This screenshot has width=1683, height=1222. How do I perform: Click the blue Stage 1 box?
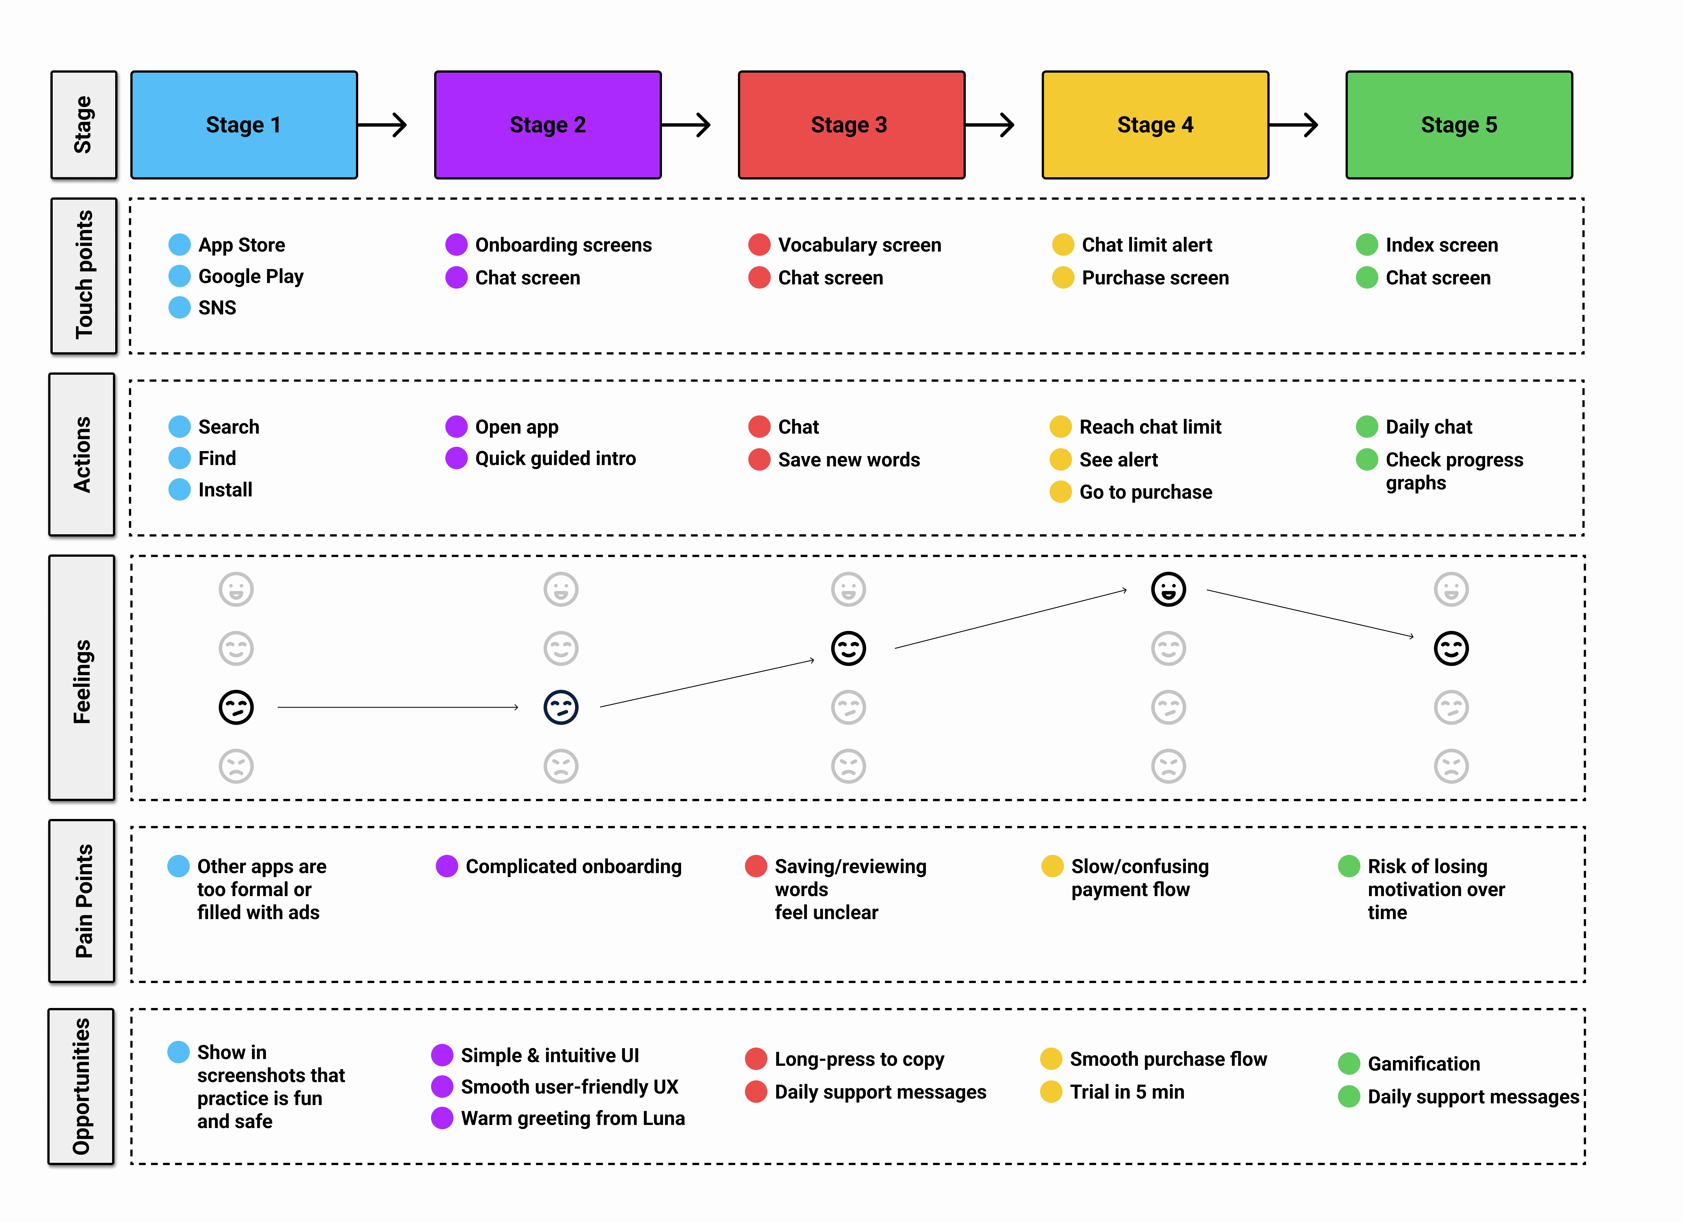coord(243,125)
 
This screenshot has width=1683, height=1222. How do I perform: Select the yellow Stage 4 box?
coord(1155,125)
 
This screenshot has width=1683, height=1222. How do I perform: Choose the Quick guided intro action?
coord(555,459)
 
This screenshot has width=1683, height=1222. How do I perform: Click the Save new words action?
coord(848,460)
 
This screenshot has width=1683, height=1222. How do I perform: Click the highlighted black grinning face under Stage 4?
coord(1168,590)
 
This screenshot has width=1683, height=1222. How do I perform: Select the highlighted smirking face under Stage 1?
coord(236,707)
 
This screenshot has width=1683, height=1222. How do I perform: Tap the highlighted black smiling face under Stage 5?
coord(1451,648)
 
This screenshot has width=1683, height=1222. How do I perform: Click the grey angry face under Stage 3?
coord(848,766)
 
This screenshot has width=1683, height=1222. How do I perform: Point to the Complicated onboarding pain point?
coord(573,866)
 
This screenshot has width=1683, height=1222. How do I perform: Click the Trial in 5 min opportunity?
coord(1126,1092)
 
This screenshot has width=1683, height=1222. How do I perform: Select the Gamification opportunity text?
coord(1423,1064)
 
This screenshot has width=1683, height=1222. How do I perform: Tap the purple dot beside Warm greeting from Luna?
coord(442,1118)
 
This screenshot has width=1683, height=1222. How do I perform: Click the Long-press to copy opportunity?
coord(858,1059)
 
